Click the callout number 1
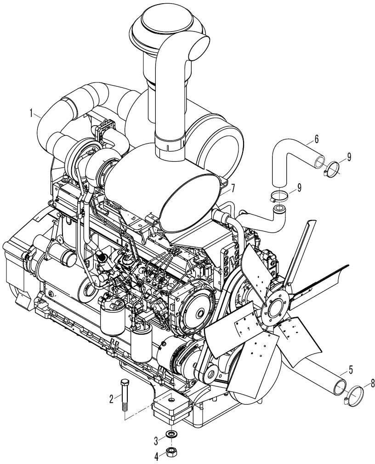click(x=31, y=113)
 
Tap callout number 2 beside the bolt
click(x=111, y=400)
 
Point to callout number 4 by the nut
click(x=156, y=457)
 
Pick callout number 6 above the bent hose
click(x=317, y=139)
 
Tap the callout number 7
click(x=233, y=188)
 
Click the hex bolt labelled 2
click(x=124, y=395)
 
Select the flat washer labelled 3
click(x=171, y=434)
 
